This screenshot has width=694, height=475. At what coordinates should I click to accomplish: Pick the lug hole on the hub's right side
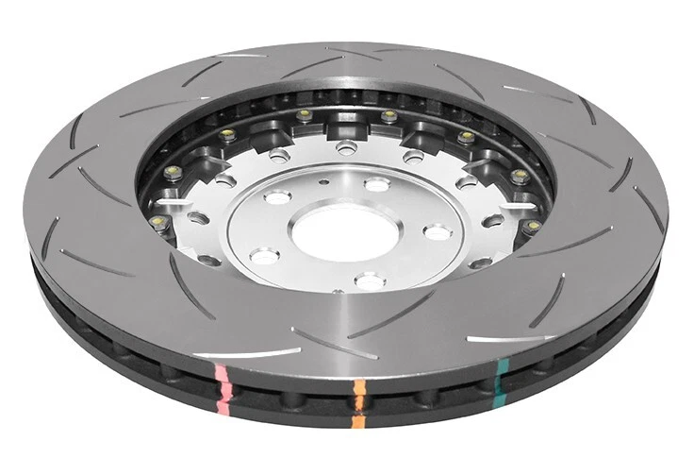pos(437,230)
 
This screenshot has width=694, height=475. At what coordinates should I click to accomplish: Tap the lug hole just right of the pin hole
pos(376,184)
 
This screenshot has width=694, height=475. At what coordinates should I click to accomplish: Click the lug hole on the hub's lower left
pos(265,255)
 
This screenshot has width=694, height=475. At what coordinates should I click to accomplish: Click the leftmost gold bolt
pos(157,222)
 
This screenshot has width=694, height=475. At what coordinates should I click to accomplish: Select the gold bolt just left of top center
pos(305,115)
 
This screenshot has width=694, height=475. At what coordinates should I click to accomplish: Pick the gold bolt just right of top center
pos(388,116)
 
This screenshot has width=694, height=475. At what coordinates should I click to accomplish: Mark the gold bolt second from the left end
pos(171,172)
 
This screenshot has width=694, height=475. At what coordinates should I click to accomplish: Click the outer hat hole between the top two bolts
pos(347,146)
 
